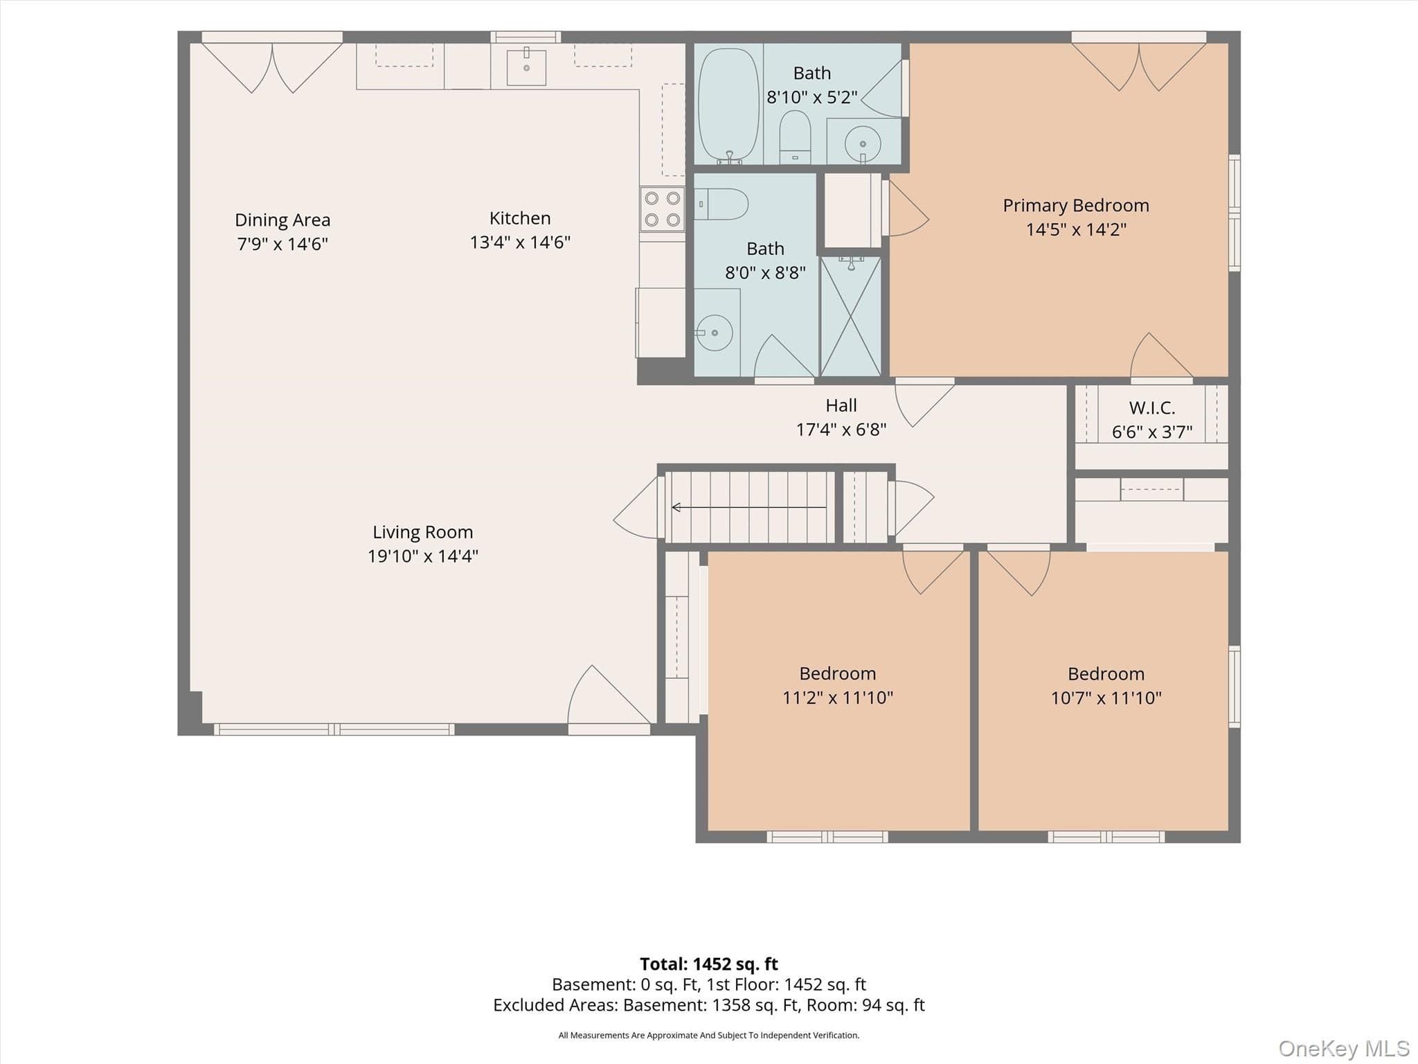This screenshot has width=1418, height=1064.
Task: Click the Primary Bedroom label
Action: point(1076,206)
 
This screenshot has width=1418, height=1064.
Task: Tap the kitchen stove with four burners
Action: point(662,209)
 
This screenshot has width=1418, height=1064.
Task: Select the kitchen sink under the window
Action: point(526,67)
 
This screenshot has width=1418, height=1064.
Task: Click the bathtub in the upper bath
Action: point(729,105)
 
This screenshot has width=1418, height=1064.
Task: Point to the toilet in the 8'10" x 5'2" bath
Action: point(795,136)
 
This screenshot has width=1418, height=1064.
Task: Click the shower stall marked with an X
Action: point(850,317)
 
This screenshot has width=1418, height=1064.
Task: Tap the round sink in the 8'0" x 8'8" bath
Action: point(714,332)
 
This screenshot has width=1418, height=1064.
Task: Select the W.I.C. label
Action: point(1152,408)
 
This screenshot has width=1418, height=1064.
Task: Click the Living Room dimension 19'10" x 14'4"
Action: point(423,556)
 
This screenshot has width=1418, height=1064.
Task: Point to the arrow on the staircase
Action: point(749,508)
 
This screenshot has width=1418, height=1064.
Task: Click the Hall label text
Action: point(841,405)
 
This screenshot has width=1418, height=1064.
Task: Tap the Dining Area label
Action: point(282,220)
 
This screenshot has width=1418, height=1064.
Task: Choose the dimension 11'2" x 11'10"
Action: point(838,698)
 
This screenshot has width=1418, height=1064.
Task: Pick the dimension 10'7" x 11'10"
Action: point(1106,698)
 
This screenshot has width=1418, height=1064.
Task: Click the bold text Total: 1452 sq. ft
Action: point(709,964)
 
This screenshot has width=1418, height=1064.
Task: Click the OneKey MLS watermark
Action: point(1344,1049)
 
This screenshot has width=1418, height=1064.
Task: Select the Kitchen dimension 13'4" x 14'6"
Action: point(520,242)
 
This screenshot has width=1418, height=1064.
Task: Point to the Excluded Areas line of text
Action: point(709,1005)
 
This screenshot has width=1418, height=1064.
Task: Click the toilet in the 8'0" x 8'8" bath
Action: point(721,204)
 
